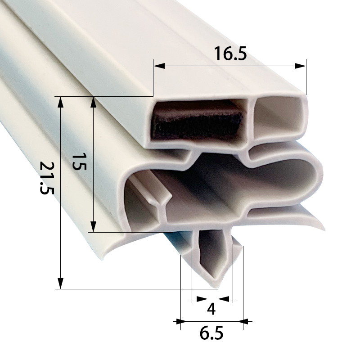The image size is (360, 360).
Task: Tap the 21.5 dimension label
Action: point(46,178)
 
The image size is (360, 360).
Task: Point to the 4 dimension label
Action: point(211,309)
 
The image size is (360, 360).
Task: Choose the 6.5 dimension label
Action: point(211,334)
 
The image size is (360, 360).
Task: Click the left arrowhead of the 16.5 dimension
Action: point(158,66)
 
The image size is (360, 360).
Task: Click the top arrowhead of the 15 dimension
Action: point(93,102)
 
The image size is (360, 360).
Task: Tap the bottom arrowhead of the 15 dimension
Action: point(93,227)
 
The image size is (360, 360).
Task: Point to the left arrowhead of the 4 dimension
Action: point(193,298)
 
